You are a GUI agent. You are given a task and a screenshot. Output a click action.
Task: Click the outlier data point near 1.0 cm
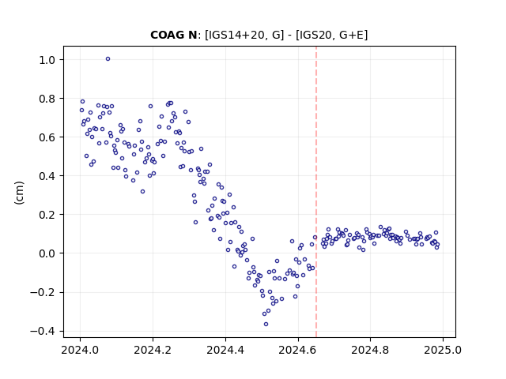click(x=108, y=59)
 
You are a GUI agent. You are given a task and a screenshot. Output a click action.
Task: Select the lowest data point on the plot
click(x=266, y=325)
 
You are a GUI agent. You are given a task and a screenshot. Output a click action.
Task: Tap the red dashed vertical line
click(x=316, y=192)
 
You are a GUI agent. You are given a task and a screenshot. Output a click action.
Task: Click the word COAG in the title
click(x=167, y=35)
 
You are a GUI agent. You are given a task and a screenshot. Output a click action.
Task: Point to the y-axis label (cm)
click(x=19, y=193)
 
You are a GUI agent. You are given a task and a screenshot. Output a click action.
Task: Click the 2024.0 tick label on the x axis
click(x=81, y=350)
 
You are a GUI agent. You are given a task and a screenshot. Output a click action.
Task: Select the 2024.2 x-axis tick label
click(x=153, y=350)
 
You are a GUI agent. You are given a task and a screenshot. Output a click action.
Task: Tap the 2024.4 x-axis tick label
click(x=225, y=350)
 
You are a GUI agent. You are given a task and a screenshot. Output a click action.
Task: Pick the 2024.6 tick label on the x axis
click(x=298, y=350)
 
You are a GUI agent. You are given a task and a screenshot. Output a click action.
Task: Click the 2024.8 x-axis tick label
click(x=370, y=350)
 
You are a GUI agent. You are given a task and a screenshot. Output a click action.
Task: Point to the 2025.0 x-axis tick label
click(x=443, y=350)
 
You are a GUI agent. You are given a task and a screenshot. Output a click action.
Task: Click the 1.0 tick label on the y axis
click(x=47, y=60)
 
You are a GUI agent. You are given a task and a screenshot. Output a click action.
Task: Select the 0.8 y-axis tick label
click(x=47, y=99)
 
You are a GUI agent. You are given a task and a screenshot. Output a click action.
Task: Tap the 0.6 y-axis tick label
click(x=47, y=137)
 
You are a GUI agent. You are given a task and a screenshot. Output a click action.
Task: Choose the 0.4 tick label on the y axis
click(x=47, y=176)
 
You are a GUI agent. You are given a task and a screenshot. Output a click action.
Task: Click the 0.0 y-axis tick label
click(x=47, y=253)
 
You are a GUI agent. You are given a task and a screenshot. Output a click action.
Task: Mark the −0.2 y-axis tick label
click(x=43, y=293)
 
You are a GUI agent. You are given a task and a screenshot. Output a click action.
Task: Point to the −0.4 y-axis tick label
click(x=43, y=332)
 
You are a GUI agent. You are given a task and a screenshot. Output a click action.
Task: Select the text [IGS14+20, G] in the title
click(x=244, y=35)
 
